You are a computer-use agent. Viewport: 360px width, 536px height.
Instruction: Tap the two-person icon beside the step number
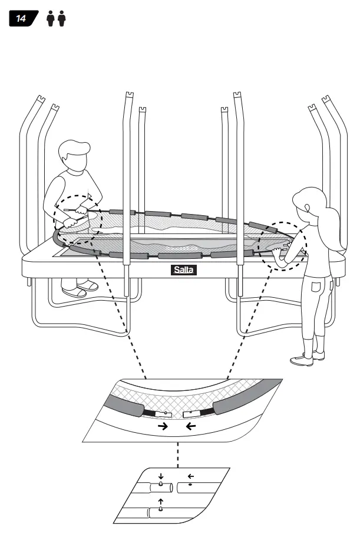[55, 19]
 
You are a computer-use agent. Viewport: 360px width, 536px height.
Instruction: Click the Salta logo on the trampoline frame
[183, 270]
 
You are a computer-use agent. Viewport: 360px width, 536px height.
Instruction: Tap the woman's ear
[307, 207]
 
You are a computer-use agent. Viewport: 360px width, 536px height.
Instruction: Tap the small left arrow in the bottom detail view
[190, 476]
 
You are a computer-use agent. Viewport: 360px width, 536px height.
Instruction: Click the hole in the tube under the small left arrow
[190, 485]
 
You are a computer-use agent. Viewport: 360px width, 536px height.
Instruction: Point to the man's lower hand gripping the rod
[71, 223]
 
